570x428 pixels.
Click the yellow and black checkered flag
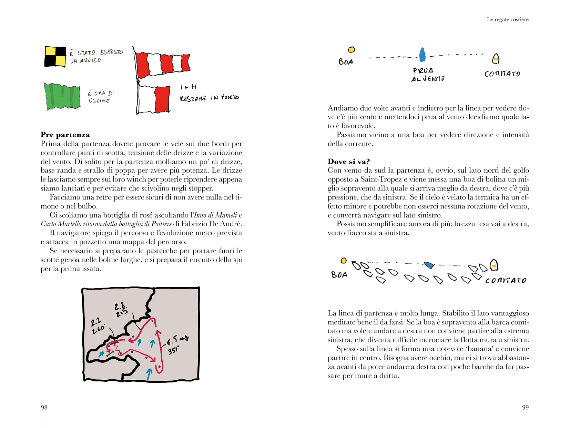coord(55,57)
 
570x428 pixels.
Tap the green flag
coord(62,96)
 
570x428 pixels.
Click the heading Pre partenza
coord(65,135)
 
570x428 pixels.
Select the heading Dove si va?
coord(348,162)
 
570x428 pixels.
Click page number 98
coord(44,407)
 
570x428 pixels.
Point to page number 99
coord(525,407)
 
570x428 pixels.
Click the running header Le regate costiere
coord(507,19)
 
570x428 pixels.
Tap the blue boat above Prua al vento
coord(422,55)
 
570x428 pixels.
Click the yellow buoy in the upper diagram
coord(352,50)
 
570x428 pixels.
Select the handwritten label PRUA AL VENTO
coord(427,75)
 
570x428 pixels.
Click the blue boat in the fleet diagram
coord(429,265)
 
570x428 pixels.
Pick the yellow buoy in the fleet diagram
coord(344,261)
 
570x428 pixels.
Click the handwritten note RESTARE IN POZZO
coord(209,98)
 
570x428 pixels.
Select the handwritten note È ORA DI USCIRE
coord(100,97)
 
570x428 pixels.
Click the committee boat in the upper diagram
coord(496,59)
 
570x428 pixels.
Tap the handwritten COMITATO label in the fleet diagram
coord(506,280)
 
